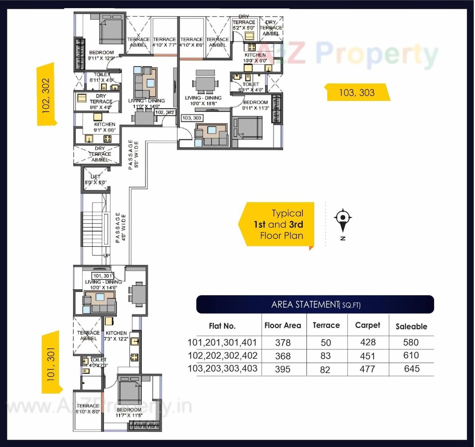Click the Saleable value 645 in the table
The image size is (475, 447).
pyautogui.click(x=411, y=369)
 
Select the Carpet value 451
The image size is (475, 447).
pyautogui.click(x=367, y=356)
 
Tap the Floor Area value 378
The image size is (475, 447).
pyautogui.click(x=283, y=342)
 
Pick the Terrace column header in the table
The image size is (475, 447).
pyautogui.click(x=326, y=325)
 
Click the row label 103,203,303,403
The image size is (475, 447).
pyautogui.click(x=222, y=369)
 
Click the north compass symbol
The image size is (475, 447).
pyautogui.click(x=343, y=218)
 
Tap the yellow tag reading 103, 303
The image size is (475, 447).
pyautogui.click(x=357, y=92)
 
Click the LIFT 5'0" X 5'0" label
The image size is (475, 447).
pyautogui.click(x=95, y=180)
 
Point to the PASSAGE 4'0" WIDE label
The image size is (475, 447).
pyautogui.click(x=121, y=228)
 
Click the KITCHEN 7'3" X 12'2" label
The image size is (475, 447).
pyautogui.click(x=116, y=336)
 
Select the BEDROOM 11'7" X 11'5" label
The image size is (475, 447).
pyautogui.click(x=129, y=413)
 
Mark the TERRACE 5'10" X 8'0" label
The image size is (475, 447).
pyautogui.click(x=88, y=408)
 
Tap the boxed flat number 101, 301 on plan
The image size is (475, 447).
pyautogui.click(x=103, y=276)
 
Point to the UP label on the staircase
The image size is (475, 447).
pyautogui.click(x=106, y=256)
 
